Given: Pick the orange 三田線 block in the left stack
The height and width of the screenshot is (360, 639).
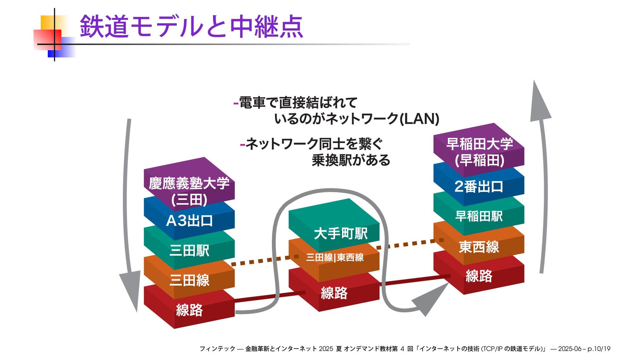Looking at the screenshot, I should coord(189,280).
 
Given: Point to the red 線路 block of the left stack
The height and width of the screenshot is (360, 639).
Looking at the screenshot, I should coord(189,310).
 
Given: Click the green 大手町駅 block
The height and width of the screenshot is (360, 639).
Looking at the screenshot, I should coord(340,233).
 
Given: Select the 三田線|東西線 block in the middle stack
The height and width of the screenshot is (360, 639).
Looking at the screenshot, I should coord(334,257).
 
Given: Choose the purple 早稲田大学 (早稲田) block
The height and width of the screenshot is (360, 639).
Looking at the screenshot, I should coord(479,152).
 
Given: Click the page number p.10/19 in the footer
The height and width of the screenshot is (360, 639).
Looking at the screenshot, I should coord(599,349).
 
